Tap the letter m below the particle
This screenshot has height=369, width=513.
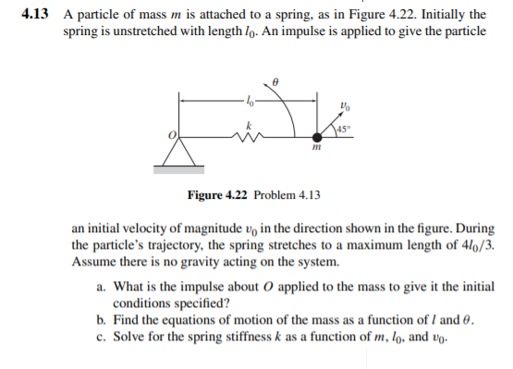click(x=315, y=149)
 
